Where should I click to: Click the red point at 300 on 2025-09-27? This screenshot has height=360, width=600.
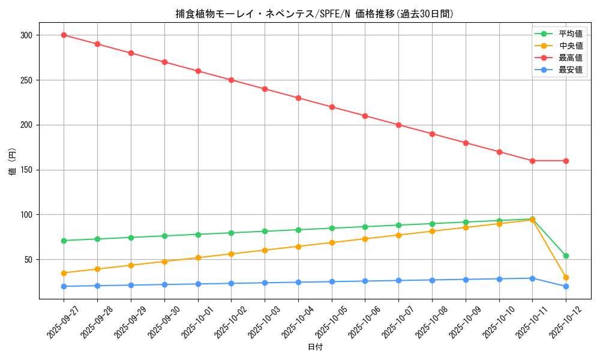click(64, 35)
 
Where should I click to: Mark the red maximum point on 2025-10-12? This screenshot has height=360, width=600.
click(566, 161)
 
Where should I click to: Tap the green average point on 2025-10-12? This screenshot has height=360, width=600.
click(566, 256)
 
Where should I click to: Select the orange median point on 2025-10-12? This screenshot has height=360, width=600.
click(566, 277)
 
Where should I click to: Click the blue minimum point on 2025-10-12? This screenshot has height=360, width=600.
click(566, 286)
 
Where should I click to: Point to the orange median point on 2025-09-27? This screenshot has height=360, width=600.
click(64, 273)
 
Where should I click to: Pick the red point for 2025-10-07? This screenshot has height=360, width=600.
click(398, 125)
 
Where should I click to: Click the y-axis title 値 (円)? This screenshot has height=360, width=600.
click(13, 163)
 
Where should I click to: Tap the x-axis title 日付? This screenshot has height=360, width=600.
click(315, 347)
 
